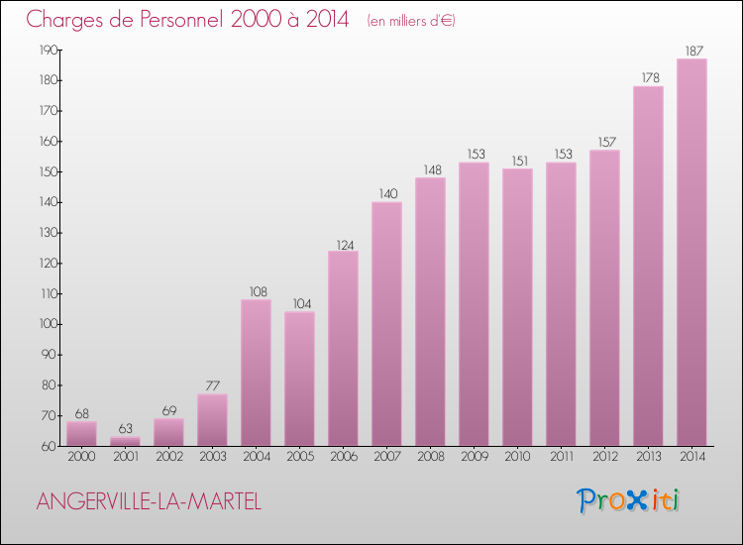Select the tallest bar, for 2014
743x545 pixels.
click(691, 252)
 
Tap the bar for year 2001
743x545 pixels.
click(125, 441)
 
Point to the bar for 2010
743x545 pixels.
click(517, 307)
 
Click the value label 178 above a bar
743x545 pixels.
click(648, 76)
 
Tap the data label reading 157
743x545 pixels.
click(604, 141)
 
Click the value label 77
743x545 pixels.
click(212, 385)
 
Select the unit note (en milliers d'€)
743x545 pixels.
click(410, 21)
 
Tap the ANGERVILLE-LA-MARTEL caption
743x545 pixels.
click(149, 501)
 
